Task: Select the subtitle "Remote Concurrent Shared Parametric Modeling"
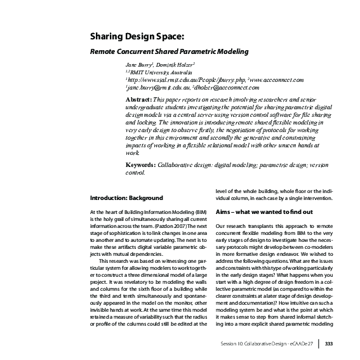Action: pyautogui.click(x=168, y=51)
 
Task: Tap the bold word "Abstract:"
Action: pyautogui.click(x=140, y=100)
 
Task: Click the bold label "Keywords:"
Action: pyautogui.click(x=141, y=165)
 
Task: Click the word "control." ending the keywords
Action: pyautogui.click(x=136, y=173)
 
